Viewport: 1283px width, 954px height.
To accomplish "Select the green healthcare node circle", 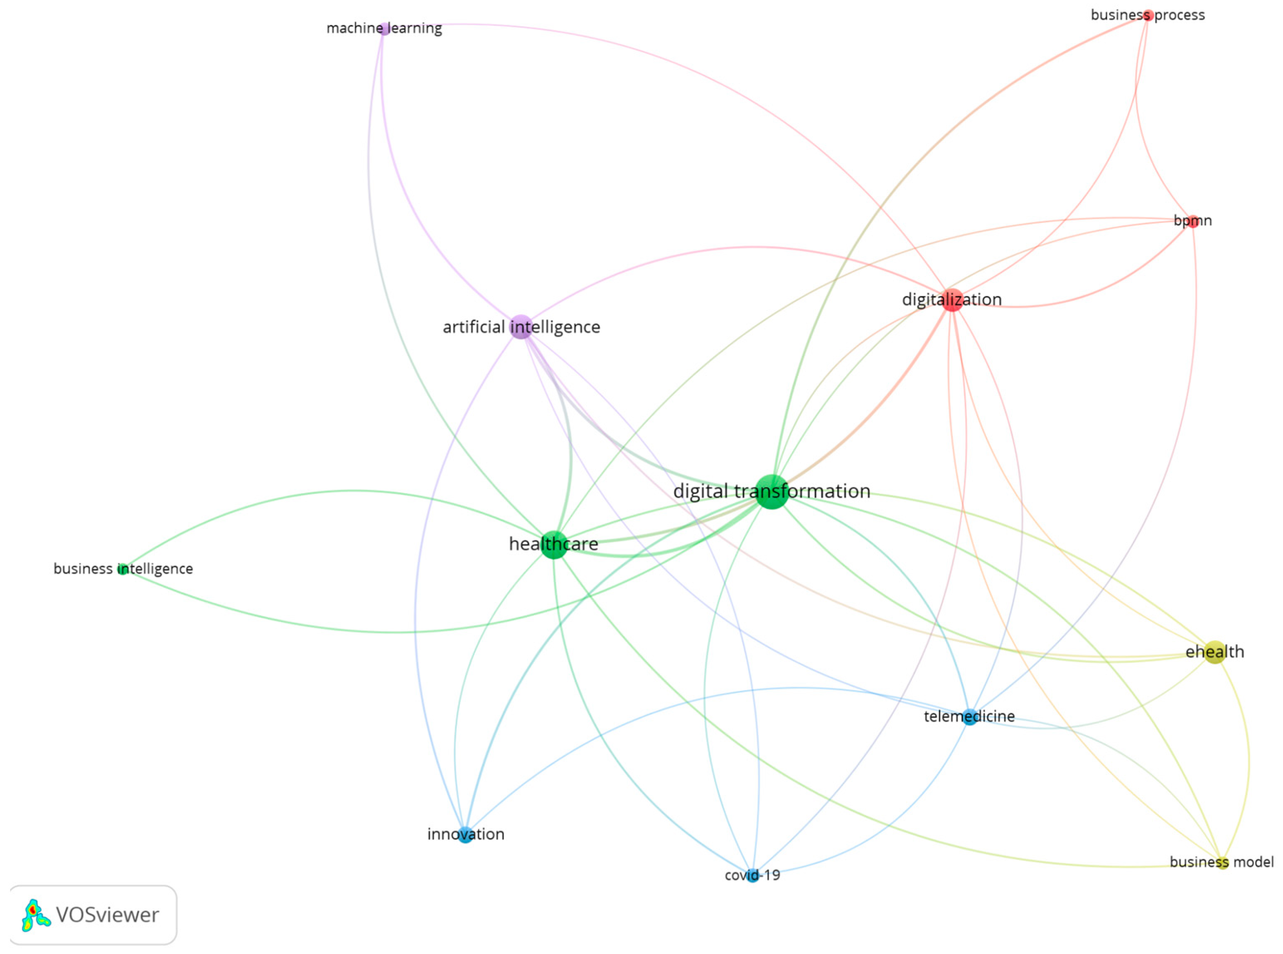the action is [x=553, y=544].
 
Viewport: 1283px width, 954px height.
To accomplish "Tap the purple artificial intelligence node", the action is [x=521, y=327].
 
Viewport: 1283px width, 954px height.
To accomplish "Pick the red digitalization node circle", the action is [x=952, y=300].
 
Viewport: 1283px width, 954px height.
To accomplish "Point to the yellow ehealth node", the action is [x=1214, y=652].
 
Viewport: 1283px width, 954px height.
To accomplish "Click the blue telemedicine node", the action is [x=970, y=717].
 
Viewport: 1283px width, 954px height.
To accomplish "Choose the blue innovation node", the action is [x=465, y=834].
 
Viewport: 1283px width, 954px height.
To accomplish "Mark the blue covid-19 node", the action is [x=752, y=876].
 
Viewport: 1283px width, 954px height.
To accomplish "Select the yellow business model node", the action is [x=1222, y=863].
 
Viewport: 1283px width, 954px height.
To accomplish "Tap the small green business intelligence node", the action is [x=122, y=569].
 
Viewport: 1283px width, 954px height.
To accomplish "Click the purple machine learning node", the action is [x=384, y=29].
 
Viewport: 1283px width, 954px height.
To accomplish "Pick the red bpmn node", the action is [x=1192, y=221].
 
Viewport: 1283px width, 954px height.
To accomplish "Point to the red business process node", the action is [x=1148, y=16].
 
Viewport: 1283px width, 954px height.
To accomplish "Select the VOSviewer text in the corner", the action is [x=107, y=915].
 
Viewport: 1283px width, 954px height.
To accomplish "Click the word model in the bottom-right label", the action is [x=1256, y=862].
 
